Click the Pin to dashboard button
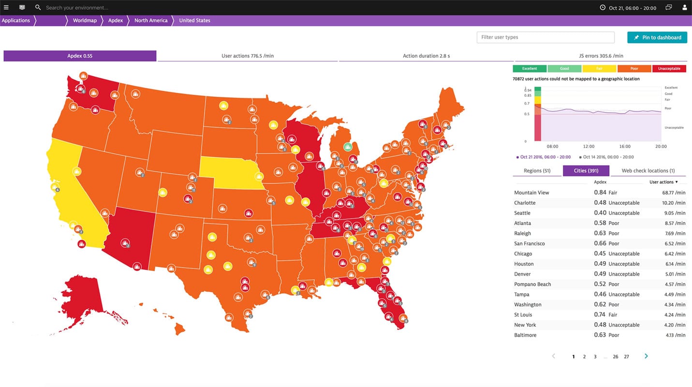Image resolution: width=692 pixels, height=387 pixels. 657,37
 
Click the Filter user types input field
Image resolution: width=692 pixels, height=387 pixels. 545,37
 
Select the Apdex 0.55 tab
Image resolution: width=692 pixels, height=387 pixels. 80,56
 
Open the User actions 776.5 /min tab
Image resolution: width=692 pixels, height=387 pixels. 248,56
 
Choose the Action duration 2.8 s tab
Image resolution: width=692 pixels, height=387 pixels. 426,56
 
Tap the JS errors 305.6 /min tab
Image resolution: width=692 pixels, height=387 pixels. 601,56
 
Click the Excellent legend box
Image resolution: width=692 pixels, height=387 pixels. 530,69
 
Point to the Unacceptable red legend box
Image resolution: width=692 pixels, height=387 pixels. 669,69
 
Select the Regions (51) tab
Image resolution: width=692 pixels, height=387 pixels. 537,171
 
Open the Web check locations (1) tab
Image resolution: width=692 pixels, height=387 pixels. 648,171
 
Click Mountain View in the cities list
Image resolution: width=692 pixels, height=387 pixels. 531,193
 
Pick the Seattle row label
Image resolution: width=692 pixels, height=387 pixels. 522,213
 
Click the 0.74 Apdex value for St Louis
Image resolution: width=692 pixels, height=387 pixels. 600,314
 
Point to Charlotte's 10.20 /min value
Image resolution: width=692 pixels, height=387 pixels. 674,203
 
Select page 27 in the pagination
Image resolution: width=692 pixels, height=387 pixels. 626,357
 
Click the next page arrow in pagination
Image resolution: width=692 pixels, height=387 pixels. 646,357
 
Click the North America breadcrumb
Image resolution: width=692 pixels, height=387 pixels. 151,20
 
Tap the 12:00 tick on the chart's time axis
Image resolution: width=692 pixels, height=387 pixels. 589,146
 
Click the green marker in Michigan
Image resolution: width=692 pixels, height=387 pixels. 348,147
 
